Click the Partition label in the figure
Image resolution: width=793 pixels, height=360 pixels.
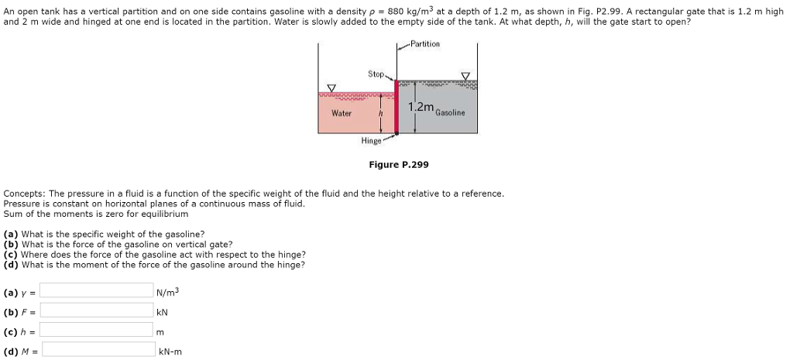pos(424,44)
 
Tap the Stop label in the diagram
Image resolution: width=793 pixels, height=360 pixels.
pos(376,74)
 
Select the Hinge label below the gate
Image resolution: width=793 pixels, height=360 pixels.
pos(371,142)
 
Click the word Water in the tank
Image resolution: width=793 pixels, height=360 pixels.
pos(342,113)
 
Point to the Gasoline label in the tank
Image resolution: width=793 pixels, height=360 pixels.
pos(450,112)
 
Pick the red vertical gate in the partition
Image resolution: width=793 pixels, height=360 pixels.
pos(396,106)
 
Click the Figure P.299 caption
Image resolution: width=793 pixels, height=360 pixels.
pos(398,165)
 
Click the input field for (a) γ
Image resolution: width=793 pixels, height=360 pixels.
pos(97,290)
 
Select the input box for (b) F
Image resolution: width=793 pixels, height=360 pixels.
pos(97,310)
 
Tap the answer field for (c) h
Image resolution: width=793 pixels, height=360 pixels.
pos(97,331)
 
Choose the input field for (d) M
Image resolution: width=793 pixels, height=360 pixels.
pos(97,350)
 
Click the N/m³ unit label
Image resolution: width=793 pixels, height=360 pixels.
pos(167,292)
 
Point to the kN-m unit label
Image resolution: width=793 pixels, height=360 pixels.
pos(170,351)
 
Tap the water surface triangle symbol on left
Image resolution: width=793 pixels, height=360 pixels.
pos(331,87)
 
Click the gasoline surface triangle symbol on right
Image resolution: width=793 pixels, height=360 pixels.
pos(465,76)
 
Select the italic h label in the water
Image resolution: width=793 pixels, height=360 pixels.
pos(379,114)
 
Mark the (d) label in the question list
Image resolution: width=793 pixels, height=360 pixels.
pos(11,265)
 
